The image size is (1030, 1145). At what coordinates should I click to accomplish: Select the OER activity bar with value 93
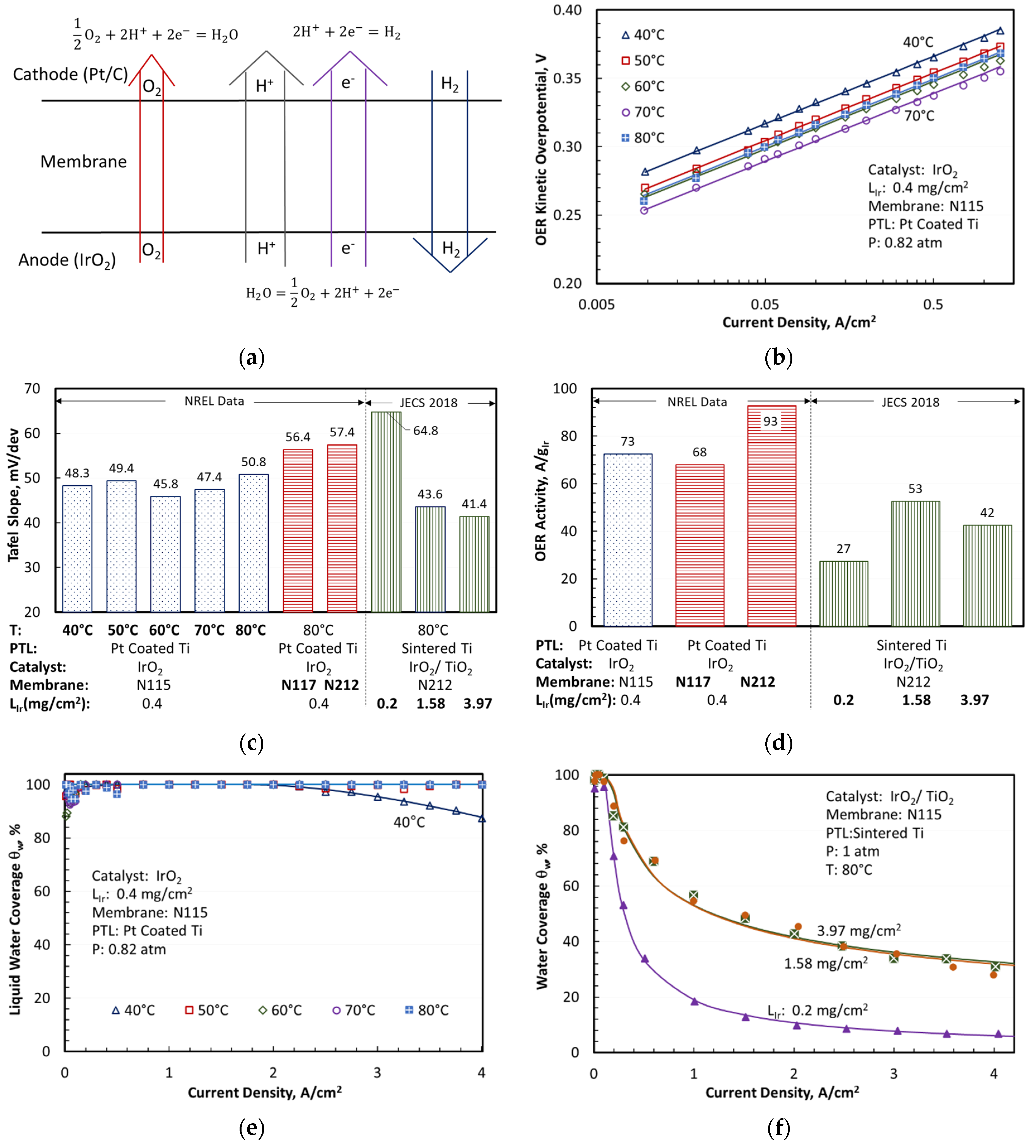click(771, 515)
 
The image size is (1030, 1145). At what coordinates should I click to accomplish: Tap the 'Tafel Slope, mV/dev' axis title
click(14, 495)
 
